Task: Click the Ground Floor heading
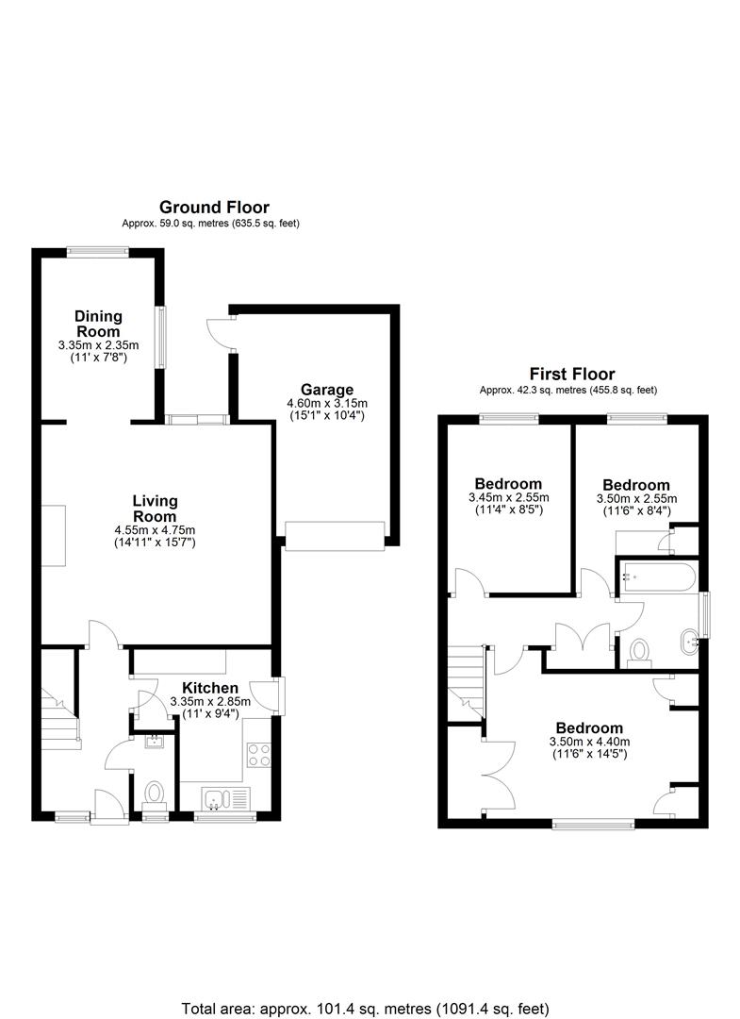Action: click(x=214, y=208)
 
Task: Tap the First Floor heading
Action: click(x=572, y=375)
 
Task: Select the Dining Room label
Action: click(x=98, y=324)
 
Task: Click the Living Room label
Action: click(x=155, y=509)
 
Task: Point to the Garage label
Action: click(x=327, y=390)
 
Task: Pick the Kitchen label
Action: click(x=209, y=688)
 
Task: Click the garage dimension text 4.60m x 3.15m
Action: click(x=327, y=404)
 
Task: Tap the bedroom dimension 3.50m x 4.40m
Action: click(x=589, y=742)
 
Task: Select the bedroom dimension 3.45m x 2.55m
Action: click(x=508, y=498)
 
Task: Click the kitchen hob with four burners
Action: click(x=259, y=756)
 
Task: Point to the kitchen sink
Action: click(x=226, y=799)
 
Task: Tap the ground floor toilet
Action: click(x=154, y=796)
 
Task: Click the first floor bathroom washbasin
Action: click(x=687, y=643)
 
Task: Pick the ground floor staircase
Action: click(x=61, y=717)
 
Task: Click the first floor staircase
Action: click(x=466, y=682)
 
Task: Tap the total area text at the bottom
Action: click(x=365, y=1009)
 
